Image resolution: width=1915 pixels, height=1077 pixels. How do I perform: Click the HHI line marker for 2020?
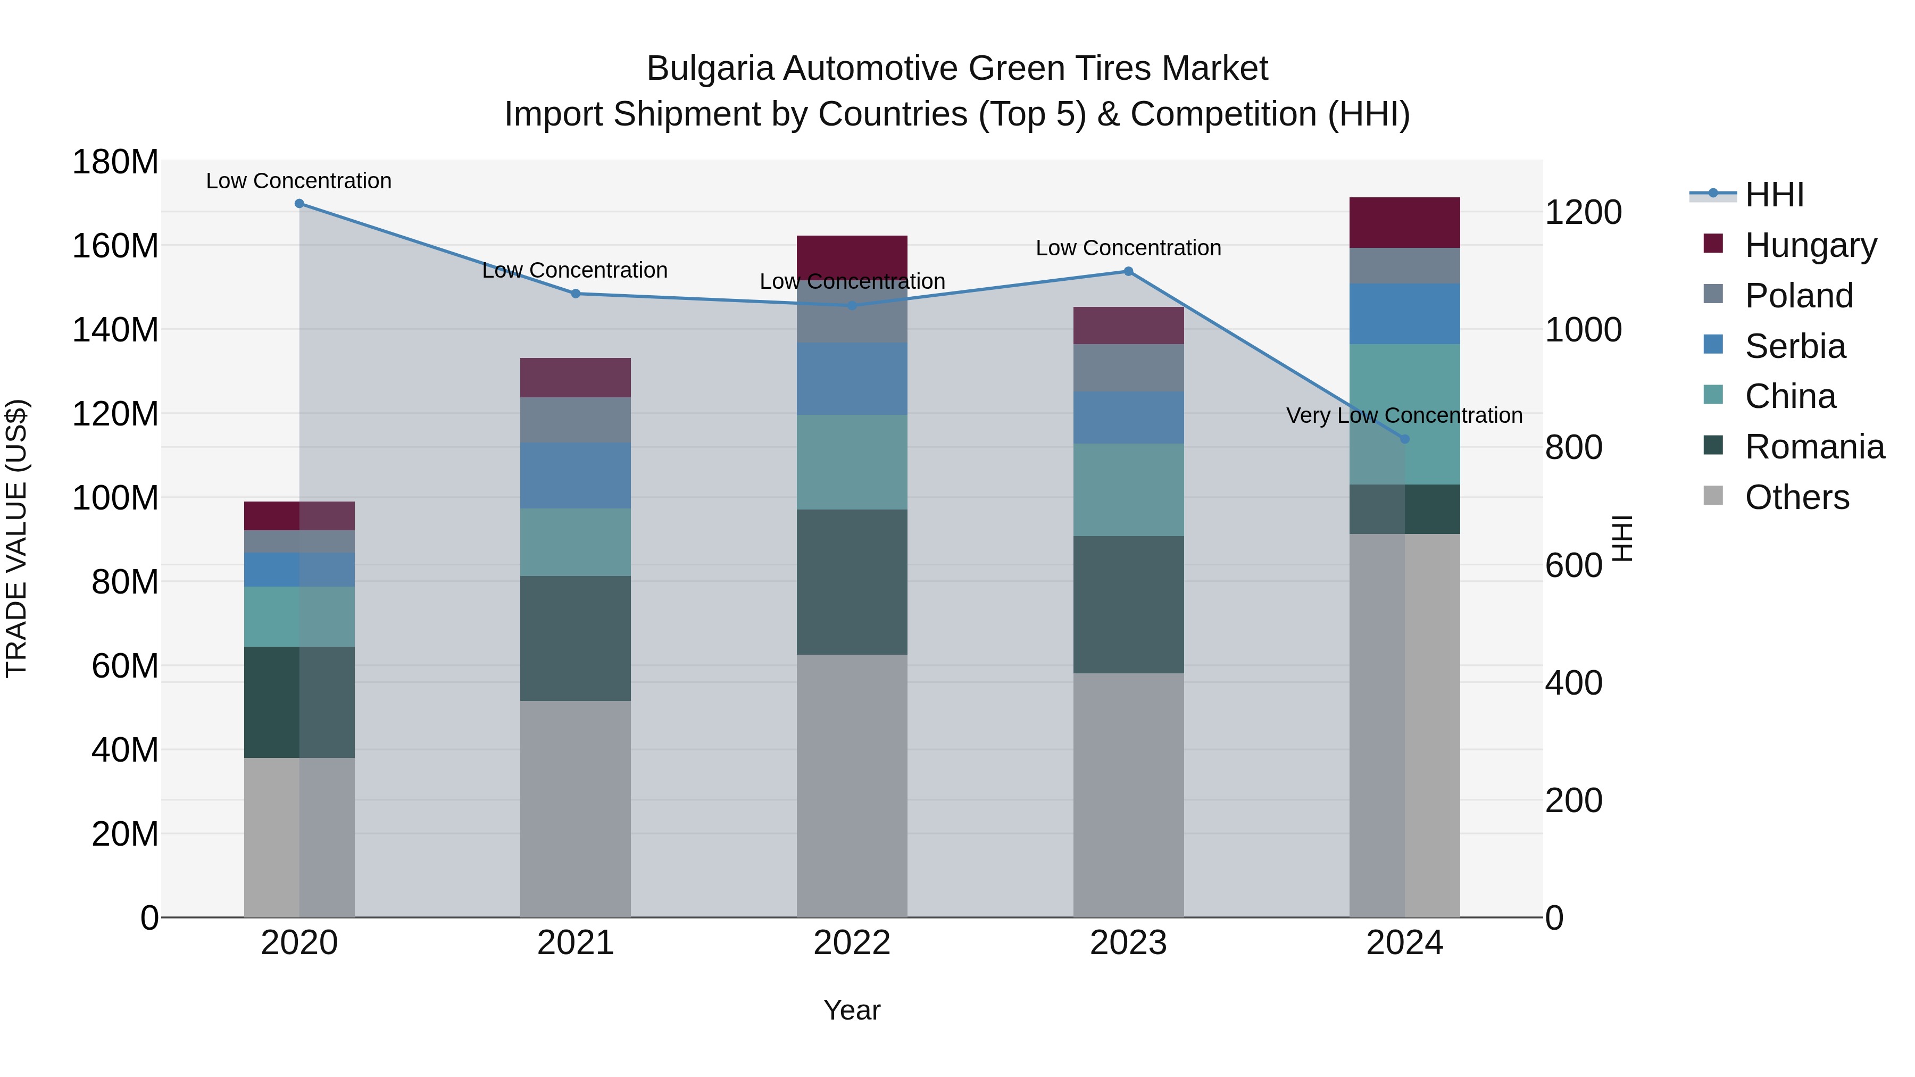click(x=299, y=204)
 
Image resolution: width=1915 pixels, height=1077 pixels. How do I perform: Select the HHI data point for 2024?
click(x=1404, y=439)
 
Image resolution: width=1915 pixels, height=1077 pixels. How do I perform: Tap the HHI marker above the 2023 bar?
click(x=1128, y=271)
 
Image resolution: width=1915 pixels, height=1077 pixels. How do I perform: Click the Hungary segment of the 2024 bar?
click(x=1404, y=222)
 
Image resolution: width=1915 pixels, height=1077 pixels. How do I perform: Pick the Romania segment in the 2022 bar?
click(x=852, y=582)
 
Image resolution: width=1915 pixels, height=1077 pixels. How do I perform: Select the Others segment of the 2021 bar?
click(x=576, y=808)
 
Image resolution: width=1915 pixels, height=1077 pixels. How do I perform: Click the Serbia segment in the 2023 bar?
click(x=1128, y=418)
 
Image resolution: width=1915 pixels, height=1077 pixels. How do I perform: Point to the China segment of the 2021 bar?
click(x=576, y=542)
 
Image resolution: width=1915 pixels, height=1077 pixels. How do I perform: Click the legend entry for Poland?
click(x=1799, y=296)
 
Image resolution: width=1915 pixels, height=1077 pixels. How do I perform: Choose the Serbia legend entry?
click(x=1795, y=346)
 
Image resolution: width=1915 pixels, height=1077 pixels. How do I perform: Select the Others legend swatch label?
click(x=1797, y=497)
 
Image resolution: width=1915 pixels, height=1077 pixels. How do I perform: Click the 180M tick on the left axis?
click(x=115, y=162)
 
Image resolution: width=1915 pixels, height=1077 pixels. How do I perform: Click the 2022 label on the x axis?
click(x=852, y=943)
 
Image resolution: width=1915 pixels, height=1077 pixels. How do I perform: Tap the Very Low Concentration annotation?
click(x=1404, y=415)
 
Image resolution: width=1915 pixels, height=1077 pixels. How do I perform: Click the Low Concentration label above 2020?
click(x=299, y=181)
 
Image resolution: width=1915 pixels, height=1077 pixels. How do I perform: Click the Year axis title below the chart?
click(x=852, y=1010)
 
